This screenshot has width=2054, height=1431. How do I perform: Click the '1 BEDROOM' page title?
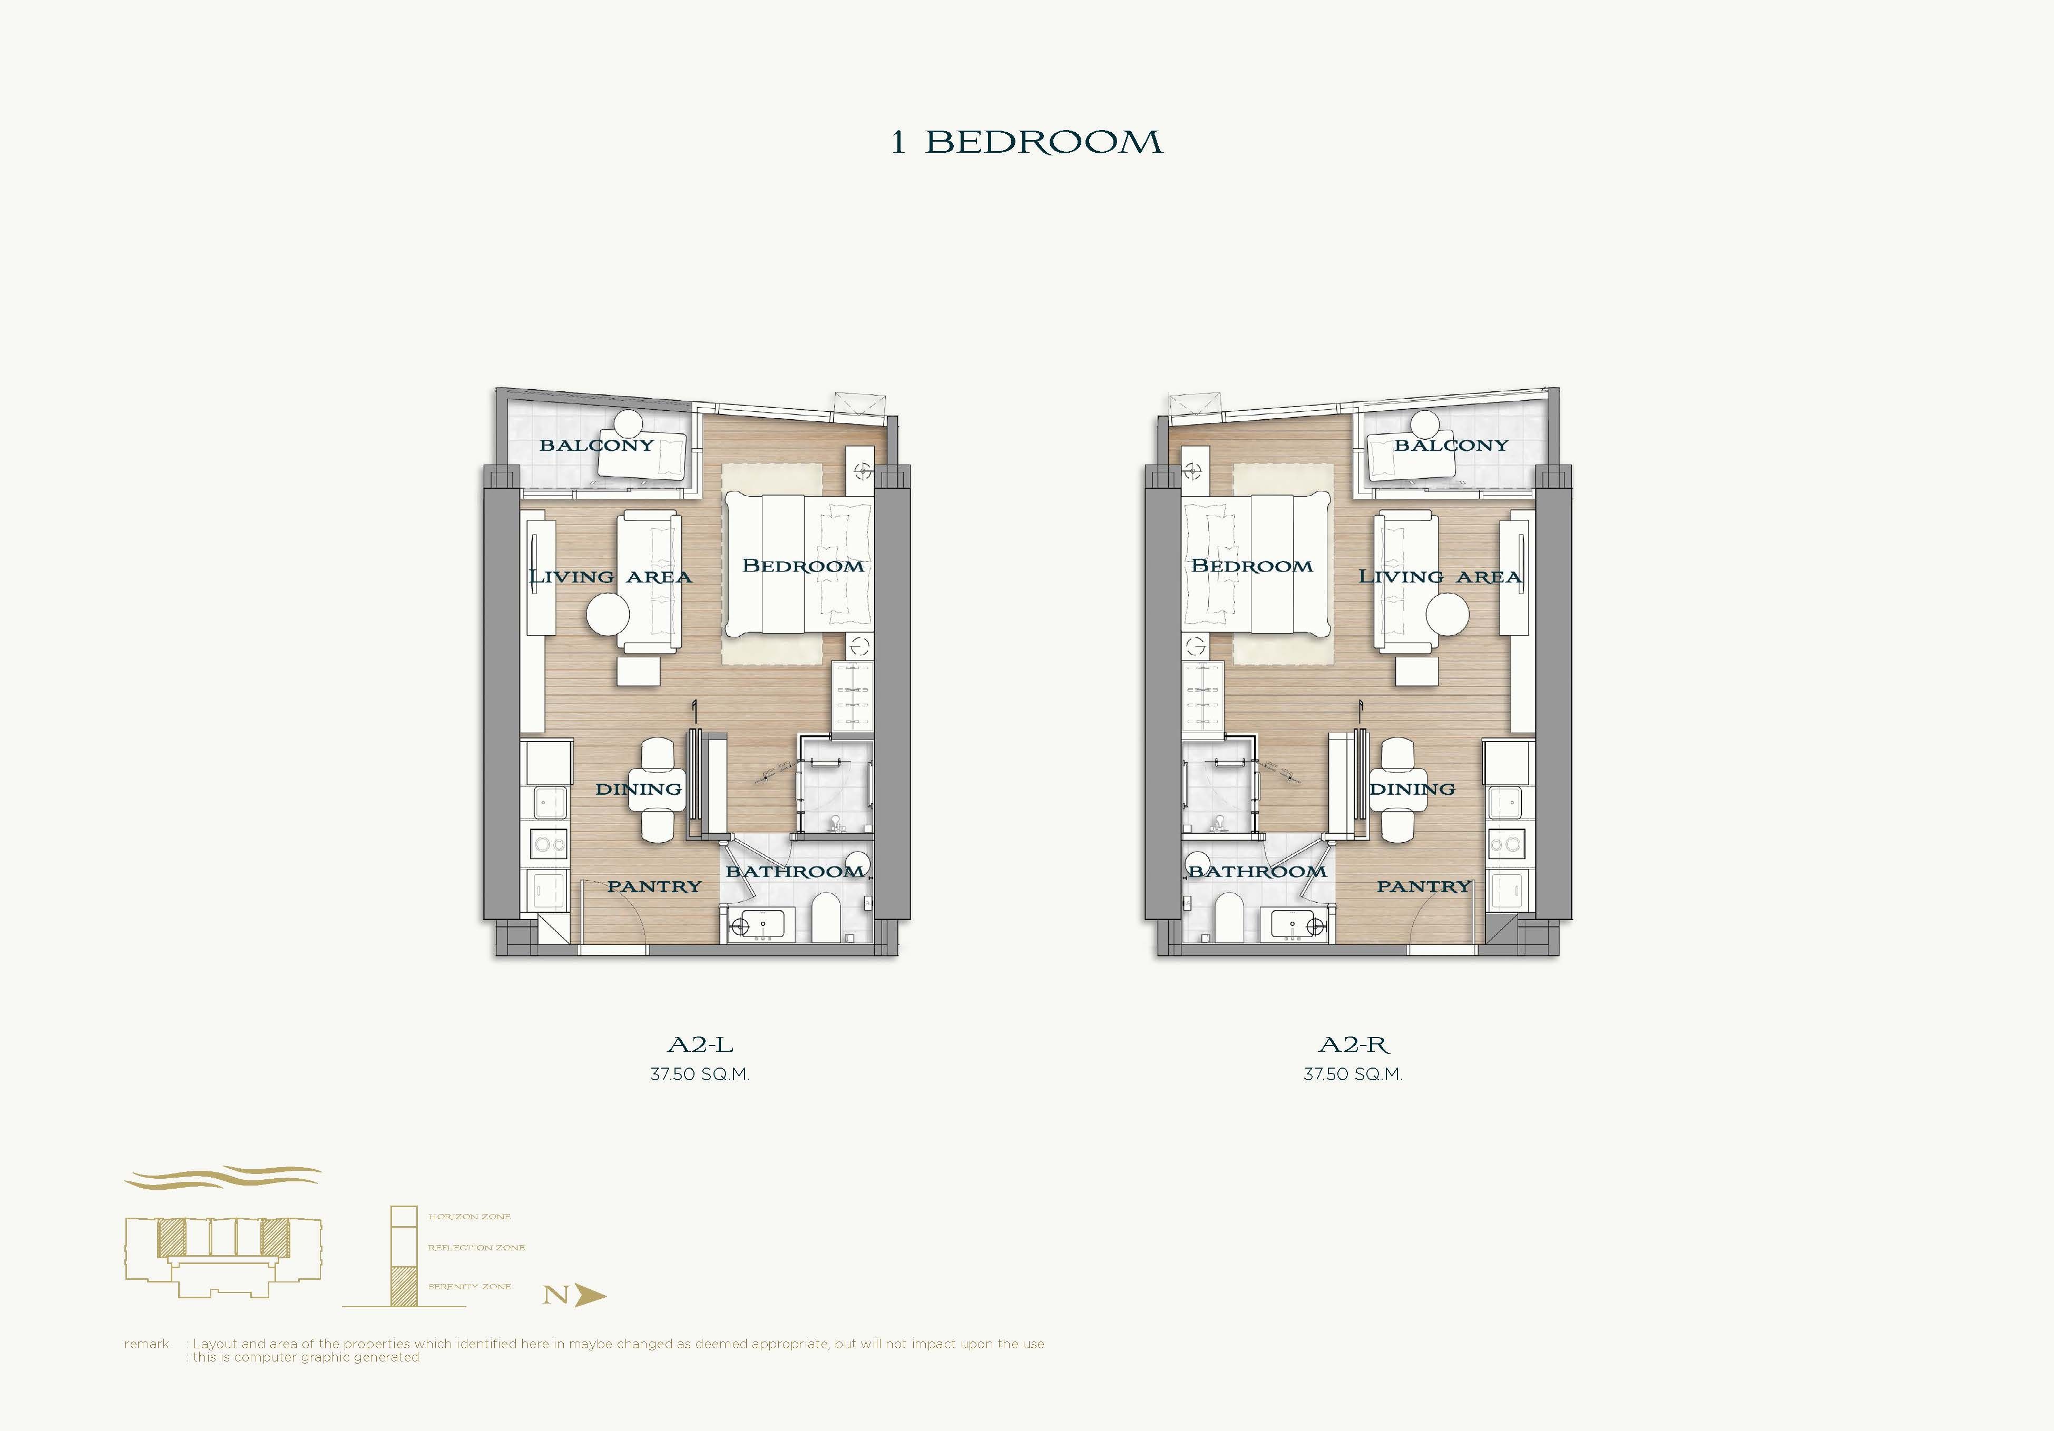click(1026, 142)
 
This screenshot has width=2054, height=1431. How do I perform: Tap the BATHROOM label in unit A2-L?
click(795, 871)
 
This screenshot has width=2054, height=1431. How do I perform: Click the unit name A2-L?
click(700, 1044)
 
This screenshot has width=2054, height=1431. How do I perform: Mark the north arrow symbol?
click(590, 1295)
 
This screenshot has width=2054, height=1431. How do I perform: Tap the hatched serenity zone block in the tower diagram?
click(404, 1287)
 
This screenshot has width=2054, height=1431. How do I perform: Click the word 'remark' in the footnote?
click(146, 1344)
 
